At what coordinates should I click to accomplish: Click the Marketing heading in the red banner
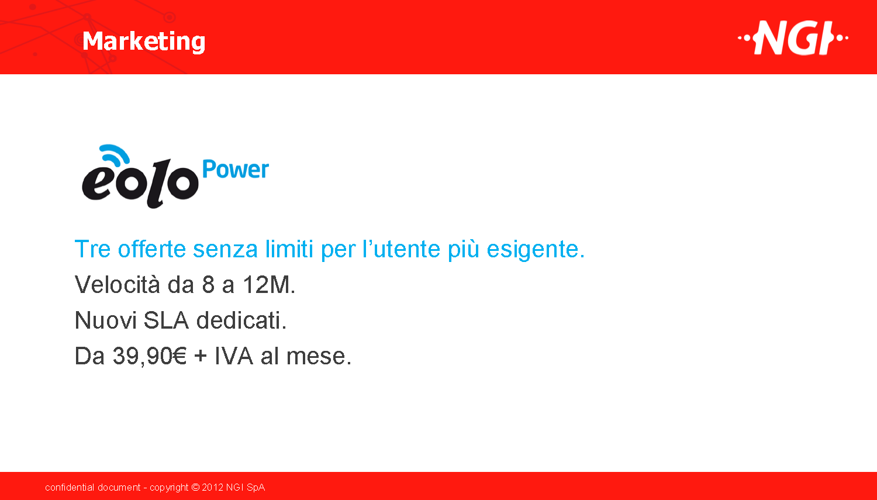coord(144,42)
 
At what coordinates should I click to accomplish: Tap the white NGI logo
coord(793,38)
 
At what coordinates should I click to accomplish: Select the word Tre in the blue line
coord(92,249)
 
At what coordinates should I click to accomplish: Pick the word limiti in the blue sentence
coord(289,249)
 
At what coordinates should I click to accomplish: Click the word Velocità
coord(117,284)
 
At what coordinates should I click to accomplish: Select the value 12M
coord(268,285)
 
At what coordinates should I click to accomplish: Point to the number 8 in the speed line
coord(208,285)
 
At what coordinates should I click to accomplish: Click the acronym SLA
coord(166,320)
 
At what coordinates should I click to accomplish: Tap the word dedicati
coord(241,320)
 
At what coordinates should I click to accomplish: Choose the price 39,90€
coord(150,356)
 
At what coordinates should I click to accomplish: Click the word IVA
coord(234,356)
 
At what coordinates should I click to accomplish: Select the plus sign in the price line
coord(201,357)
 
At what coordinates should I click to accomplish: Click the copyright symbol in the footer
coord(195,488)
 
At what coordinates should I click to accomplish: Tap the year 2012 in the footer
coord(213,488)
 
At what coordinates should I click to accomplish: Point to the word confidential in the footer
coord(70,488)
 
